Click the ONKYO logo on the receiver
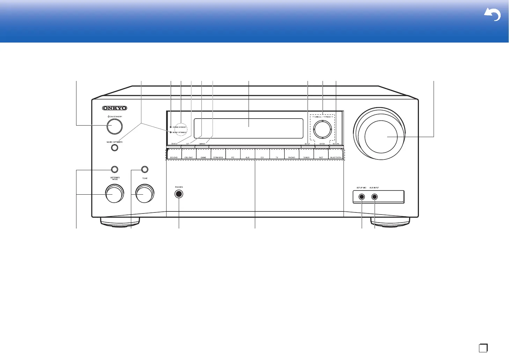(115, 108)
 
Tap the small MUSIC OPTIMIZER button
(115, 148)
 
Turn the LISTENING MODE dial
(115, 194)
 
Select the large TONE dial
(145, 194)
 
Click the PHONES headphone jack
(179, 194)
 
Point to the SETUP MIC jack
(362, 197)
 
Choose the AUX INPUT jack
(375, 197)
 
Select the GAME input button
(203, 154)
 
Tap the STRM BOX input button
(218, 154)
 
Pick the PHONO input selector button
(292, 154)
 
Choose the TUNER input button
(306, 154)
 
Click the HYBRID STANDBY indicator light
(171, 127)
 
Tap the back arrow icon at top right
(492, 15)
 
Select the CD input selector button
(262, 154)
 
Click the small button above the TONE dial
(145, 170)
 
